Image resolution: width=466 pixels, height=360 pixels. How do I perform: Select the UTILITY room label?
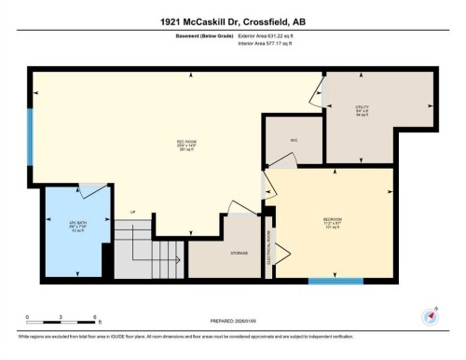click(x=362, y=111)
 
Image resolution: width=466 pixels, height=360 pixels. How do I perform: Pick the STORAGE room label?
click(x=239, y=253)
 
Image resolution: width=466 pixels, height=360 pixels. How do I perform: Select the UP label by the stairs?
click(x=132, y=212)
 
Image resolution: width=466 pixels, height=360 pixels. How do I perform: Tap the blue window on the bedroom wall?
click(x=335, y=280)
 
